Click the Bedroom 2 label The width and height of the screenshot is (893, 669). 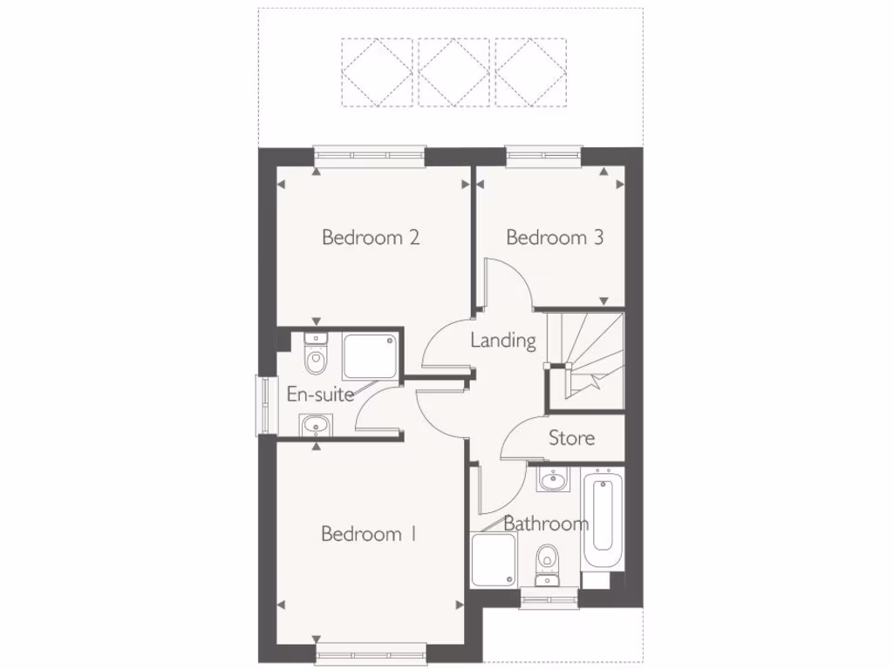[x=371, y=237]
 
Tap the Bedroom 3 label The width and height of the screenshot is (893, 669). [x=555, y=237]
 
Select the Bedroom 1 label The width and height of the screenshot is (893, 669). [x=368, y=534]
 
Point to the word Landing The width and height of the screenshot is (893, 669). [x=503, y=340]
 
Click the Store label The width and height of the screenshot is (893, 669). [x=572, y=437]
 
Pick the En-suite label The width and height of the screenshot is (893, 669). [x=320, y=395]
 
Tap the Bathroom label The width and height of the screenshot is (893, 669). [x=546, y=524]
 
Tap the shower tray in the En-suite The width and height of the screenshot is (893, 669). [x=370, y=356]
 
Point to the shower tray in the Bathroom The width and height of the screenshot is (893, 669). [x=494, y=559]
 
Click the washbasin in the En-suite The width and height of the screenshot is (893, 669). [x=315, y=426]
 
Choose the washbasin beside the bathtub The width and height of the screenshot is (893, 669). [x=553, y=478]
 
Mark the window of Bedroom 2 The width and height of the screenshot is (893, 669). [x=370, y=156]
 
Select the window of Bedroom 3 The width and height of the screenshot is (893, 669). [x=543, y=156]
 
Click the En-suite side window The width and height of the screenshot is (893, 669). [x=261, y=404]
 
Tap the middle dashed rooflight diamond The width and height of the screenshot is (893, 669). [x=453, y=71]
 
